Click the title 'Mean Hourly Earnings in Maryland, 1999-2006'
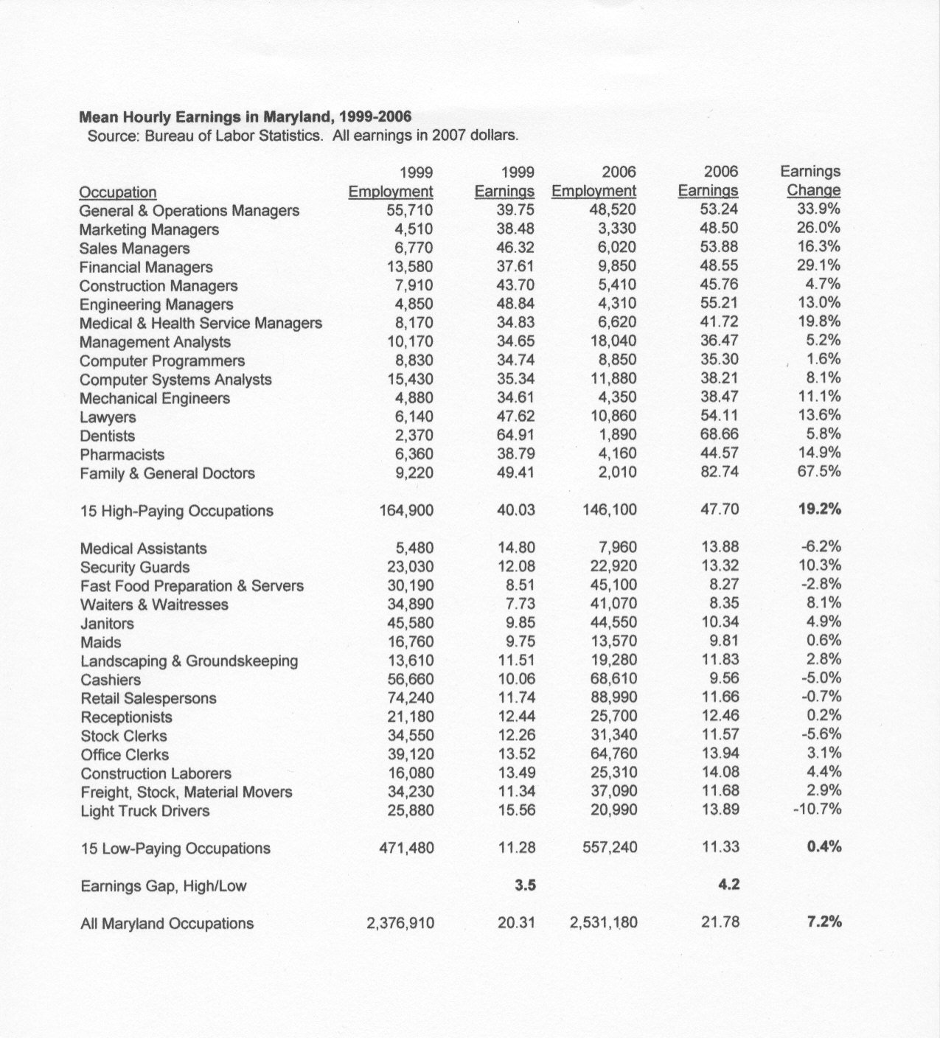245,117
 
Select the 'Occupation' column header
118,192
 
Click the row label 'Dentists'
108,436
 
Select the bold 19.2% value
819,509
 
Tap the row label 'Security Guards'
135,568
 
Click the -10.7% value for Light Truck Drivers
818,810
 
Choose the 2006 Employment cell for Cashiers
614,679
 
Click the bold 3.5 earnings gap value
525,885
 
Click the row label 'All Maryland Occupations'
167,924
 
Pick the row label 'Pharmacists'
122,455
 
